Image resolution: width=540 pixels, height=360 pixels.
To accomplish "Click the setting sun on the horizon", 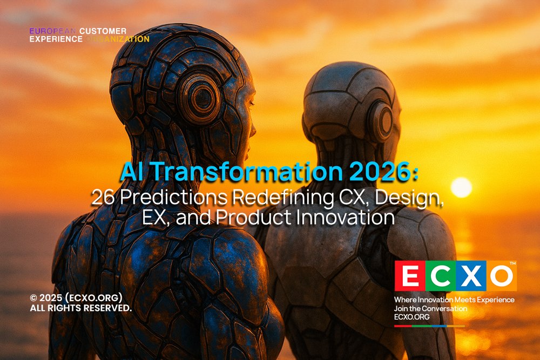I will [x=461, y=187].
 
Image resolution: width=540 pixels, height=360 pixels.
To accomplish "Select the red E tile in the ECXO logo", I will [x=410, y=276].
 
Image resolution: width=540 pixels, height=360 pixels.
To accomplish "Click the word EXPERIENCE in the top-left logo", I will [x=56, y=39].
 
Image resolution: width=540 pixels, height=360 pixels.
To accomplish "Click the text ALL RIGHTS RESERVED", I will [x=80, y=308].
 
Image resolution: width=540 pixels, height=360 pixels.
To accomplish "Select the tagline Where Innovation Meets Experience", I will [x=454, y=300].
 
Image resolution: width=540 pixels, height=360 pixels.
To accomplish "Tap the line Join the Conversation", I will [x=430, y=308].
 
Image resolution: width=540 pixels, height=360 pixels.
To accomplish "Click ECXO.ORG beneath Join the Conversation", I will [x=411, y=317].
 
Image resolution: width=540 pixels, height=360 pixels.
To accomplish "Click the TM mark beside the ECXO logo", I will [x=512, y=263].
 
